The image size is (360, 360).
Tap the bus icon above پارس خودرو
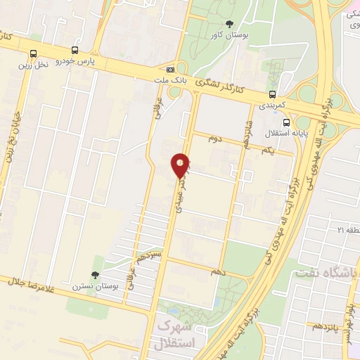click(x=75, y=51)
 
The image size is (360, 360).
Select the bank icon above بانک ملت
click(x=170, y=70)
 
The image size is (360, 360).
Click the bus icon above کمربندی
click(x=272, y=95)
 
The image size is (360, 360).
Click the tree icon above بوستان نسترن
click(x=95, y=275)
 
